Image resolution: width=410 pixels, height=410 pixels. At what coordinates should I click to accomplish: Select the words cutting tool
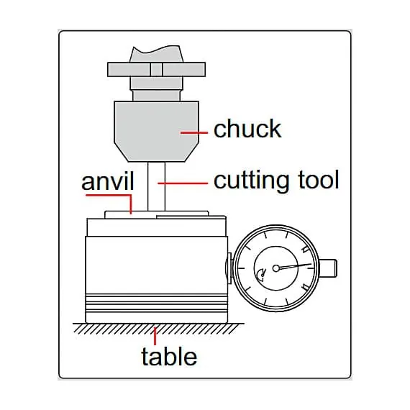point(276,180)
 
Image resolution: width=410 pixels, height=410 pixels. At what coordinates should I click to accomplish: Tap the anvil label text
point(108,181)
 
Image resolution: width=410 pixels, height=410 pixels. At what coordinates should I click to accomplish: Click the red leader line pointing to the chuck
point(194,133)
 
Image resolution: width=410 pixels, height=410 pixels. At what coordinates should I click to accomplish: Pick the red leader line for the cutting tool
point(183,183)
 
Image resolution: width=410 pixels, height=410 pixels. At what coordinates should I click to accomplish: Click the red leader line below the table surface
point(155,336)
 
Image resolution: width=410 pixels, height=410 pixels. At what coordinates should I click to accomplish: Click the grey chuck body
point(156,131)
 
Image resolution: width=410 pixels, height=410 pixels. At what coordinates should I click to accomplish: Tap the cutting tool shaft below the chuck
point(156,187)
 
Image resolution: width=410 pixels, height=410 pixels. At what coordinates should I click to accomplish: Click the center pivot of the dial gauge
point(276,268)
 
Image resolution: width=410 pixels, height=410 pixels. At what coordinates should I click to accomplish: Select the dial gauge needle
point(294,266)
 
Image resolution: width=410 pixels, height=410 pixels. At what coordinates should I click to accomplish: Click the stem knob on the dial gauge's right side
point(328,268)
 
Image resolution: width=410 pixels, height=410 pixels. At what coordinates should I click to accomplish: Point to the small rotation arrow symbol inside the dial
point(261,275)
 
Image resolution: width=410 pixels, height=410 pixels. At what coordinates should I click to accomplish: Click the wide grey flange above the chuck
point(156,70)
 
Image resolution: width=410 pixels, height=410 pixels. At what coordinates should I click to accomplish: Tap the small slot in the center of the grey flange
point(156,70)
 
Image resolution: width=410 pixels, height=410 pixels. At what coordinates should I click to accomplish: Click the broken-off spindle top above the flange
point(156,55)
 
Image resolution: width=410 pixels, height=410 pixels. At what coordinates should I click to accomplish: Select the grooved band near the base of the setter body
point(156,303)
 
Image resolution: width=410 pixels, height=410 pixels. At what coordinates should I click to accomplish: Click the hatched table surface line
point(158,329)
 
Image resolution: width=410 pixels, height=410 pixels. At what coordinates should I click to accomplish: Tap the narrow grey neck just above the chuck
point(156,96)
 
